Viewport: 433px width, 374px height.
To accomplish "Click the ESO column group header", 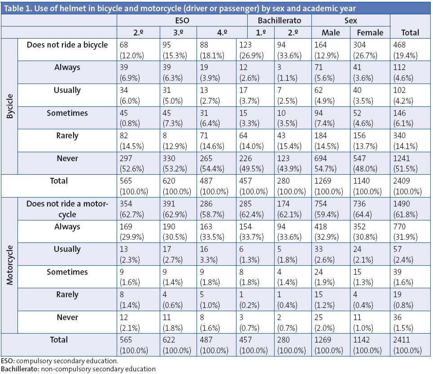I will pos(182,21).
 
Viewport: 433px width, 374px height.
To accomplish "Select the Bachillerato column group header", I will pos(279,21).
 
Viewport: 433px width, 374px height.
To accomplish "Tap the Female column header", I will pos(370,32).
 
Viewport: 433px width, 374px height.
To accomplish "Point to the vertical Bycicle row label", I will pos(9,106).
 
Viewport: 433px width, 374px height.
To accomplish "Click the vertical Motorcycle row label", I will pos(9,265).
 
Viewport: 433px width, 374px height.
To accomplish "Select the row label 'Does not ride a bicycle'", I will pos(67,45).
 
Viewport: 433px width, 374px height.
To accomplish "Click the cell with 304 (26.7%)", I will pos(371,50).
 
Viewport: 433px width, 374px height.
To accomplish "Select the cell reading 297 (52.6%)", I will pos(138,163).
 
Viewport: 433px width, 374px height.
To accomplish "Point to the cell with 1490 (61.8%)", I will pos(405,209).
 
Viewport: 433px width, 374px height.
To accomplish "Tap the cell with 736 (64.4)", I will pos(371,209).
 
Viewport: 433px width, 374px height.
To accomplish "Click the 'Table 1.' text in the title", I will pos(17,8).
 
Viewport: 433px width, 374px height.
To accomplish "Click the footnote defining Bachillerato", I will pos(78,369).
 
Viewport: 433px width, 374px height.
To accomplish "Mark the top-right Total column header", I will pos(410,32).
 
